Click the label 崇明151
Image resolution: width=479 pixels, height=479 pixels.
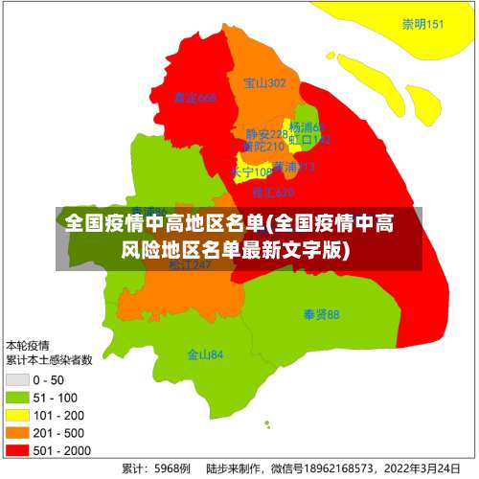pyautogui.click(x=422, y=24)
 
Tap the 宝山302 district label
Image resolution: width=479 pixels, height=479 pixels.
pyautogui.click(x=264, y=83)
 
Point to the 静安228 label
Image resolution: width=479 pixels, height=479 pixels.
pyautogui.click(x=265, y=134)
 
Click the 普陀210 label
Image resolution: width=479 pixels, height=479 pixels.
pyautogui.click(x=262, y=147)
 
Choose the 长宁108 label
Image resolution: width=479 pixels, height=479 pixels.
pyautogui.click(x=251, y=171)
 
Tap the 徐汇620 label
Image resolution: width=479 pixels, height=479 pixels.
pyautogui.click(x=272, y=193)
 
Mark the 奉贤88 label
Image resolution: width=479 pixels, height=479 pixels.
pyautogui.click(x=321, y=314)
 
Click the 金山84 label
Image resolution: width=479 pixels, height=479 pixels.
pyautogui.click(x=205, y=354)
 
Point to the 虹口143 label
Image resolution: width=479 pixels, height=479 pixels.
pyautogui.click(x=309, y=140)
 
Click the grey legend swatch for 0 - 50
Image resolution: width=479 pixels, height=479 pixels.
pyautogui.click(x=17, y=380)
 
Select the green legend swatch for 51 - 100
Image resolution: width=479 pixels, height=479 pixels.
pyautogui.click(x=17, y=398)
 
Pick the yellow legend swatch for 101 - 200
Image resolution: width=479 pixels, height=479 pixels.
pyautogui.click(x=17, y=415)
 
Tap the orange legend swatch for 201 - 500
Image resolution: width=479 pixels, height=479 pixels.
pyautogui.click(x=17, y=432)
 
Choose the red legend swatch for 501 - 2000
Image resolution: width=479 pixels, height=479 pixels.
pyautogui.click(x=17, y=448)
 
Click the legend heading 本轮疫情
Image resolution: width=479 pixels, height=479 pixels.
pyautogui.click(x=29, y=345)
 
